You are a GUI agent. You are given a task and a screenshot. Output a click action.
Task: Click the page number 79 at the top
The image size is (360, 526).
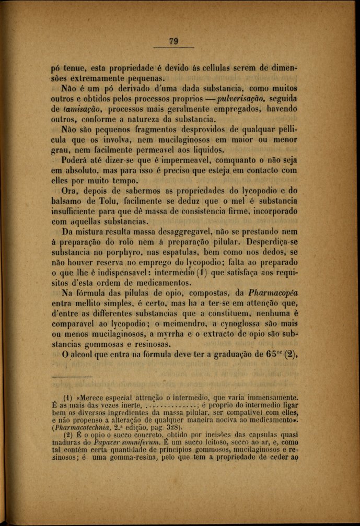(175, 42)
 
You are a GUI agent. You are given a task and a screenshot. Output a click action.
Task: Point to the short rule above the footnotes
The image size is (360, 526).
(72, 377)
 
